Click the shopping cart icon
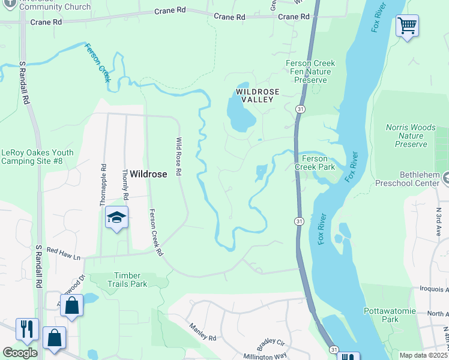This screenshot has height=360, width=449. tap(407, 26)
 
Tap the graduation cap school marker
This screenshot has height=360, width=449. tap(117, 218)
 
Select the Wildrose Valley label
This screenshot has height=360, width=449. tap(258, 95)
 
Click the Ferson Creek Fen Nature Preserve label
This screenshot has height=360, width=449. tap(310, 71)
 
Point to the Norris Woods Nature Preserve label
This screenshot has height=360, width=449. tap(411, 136)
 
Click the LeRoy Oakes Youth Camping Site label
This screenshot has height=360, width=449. tap(37, 157)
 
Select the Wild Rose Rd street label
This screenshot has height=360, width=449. tap(178, 156)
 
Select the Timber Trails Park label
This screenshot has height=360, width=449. tap(127, 280)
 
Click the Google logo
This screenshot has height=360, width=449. tap(20, 352)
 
